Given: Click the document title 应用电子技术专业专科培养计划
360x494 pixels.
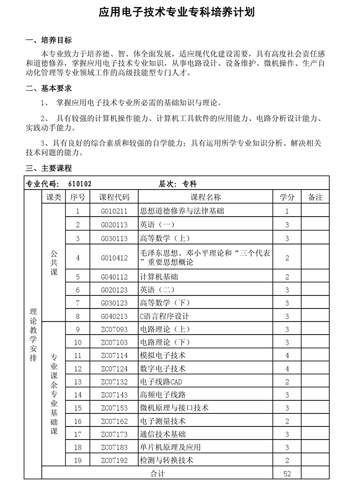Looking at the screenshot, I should (177, 12).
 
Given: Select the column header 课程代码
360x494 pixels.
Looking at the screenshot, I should (114, 197).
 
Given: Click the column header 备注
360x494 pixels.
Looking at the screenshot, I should (315, 197).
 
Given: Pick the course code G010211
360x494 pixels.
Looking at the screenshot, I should (114, 211).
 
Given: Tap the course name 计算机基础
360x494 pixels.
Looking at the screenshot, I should (159, 277).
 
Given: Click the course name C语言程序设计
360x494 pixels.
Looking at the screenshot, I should (165, 316).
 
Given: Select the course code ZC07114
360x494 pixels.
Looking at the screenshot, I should (114, 355).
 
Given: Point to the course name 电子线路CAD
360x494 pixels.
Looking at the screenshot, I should (161, 382).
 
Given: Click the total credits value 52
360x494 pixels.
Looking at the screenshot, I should (287, 473).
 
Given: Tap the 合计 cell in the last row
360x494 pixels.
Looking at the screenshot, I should (157, 473).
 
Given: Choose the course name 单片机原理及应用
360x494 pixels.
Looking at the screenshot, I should (171, 447).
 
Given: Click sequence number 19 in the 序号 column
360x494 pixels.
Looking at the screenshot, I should (78, 460).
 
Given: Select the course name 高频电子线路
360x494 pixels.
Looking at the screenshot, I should (163, 395).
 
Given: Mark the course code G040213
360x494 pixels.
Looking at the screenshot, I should (114, 316).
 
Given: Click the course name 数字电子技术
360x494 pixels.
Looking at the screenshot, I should (163, 368).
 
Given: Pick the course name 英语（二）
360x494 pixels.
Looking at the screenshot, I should (157, 290).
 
